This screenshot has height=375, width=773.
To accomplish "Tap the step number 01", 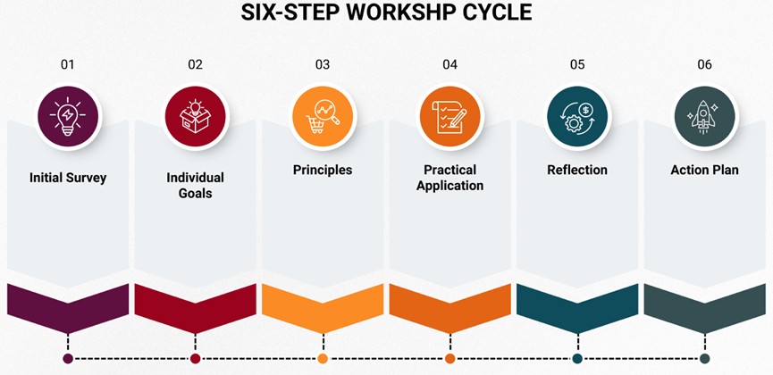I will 68,64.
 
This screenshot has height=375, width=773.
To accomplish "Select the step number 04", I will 450,64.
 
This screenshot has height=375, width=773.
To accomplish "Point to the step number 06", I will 704,64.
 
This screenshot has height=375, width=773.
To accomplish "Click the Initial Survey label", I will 68,178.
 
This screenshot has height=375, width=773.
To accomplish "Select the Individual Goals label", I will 195,185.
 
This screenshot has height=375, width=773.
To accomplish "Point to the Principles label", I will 323,170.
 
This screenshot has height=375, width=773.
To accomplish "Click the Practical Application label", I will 450,178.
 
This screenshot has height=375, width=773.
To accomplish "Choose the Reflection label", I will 577,170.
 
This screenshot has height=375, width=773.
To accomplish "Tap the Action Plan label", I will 704,170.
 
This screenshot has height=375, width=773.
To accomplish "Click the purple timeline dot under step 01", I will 68,359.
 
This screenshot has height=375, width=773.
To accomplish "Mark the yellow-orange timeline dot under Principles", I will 323,359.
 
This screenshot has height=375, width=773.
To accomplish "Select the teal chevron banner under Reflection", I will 577,304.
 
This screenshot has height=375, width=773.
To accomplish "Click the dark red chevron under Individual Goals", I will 195,304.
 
